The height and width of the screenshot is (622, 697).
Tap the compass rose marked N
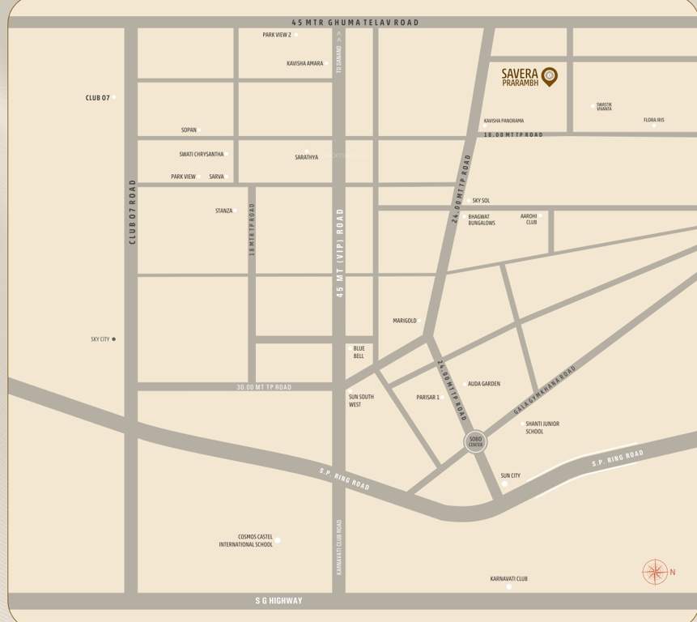tap(654, 573)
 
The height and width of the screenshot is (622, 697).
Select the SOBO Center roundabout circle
tap(475, 442)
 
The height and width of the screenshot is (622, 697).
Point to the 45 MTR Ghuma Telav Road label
tap(355, 23)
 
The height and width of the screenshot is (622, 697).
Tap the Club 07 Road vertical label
tap(132, 212)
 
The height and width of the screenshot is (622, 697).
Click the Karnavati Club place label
tap(508, 579)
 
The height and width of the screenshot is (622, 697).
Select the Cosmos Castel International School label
tap(246, 540)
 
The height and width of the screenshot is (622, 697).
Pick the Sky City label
tap(100, 339)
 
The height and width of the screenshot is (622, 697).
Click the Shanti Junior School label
tap(542, 428)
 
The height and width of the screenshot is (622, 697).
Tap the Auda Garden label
tap(484, 384)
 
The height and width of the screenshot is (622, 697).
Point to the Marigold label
tap(405, 321)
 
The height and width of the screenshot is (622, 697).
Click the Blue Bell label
tap(359, 352)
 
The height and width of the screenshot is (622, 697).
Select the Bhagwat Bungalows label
tap(482, 220)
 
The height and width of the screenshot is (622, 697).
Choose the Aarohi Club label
tap(529, 219)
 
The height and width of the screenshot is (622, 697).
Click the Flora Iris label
tap(654, 121)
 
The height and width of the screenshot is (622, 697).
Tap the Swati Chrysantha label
tap(202, 154)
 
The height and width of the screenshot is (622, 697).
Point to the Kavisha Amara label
tap(305, 63)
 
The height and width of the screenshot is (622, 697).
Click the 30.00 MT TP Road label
tap(263, 388)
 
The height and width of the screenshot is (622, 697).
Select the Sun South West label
tap(361, 400)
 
